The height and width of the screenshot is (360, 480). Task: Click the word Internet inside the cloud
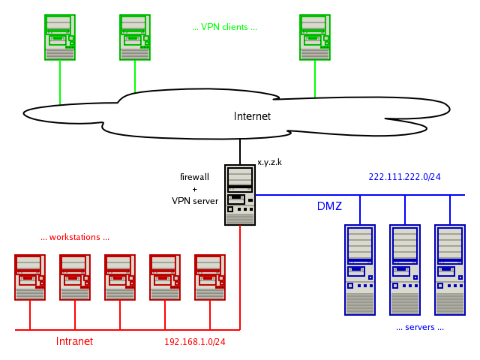pyautogui.click(x=252, y=116)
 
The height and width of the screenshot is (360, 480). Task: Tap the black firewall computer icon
pyautogui.click(x=240, y=195)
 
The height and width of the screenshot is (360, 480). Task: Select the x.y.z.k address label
pyautogui.click(x=269, y=162)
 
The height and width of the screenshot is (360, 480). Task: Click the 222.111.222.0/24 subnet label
pyautogui.click(x=404, y=177)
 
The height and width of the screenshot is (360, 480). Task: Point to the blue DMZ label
pyautogui.click(x=329, y=206)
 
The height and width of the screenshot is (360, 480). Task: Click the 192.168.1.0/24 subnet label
pyautogui.click(x=195, y=342)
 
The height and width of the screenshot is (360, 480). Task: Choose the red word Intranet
pyautogui.click(x=74, y=341)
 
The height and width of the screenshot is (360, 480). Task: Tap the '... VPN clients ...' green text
pyautogui.click(x=224, y=27)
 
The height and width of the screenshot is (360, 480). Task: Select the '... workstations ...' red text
pyautogui.click(x=75, y=237)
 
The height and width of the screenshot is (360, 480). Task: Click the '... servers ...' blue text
pyautogui.click(x=420, y=327)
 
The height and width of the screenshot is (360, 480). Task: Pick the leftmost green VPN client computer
pyautogui.click(x=60, y=37)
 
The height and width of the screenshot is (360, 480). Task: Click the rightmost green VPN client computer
pyautogui.click(x=315, y=37)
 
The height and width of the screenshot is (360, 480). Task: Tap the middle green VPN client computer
pyautogui.click(x=135, y=37)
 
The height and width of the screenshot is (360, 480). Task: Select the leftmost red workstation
pyautogui.click(x=30, y=277)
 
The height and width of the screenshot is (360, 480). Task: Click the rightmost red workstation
pyautogui.click(x=210, y=277)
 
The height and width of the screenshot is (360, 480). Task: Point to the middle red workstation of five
pyautogui.click(x=120, y=277)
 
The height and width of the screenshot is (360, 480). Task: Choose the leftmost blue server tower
pyautogui.click(x=360, y=270)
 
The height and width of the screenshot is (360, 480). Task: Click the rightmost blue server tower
pyautogui.click(x=450, y=270)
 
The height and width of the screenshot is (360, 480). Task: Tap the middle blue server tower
pyautogui.click(x=405, y=270)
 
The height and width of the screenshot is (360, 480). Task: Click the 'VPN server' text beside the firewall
pyautogui.click(x=195, y=201)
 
